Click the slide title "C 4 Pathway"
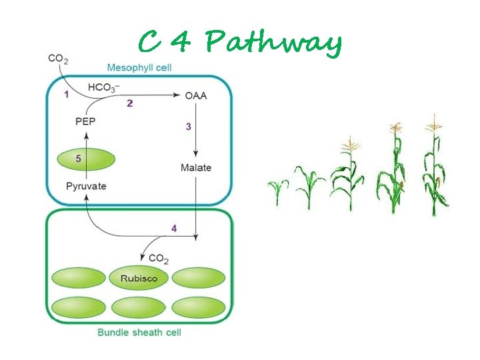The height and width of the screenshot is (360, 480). [x=240, y=43]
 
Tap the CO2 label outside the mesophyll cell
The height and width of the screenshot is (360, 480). [x=57, y=59]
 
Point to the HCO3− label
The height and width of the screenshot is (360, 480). [x=104, y=87]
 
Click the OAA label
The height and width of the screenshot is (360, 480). [x=195, y=95]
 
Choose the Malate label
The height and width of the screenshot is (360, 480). [x=195, y=167]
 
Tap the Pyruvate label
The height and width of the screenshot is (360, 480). [x=86, y=186]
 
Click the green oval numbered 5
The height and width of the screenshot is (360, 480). [x=86, y=160]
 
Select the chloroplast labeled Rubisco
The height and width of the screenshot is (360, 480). [x=139, y=278]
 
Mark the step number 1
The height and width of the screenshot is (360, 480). [x=66, y=95]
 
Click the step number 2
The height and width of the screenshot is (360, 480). [x=129, y=103]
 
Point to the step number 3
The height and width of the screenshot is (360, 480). [x=188, y=126]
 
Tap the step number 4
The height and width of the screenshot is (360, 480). [x=174, y=229]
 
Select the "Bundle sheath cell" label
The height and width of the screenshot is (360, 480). [x=139, y=332]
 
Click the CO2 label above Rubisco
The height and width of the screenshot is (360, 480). [x=158, y=258]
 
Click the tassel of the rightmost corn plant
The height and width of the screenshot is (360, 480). [x=435, y=123]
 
